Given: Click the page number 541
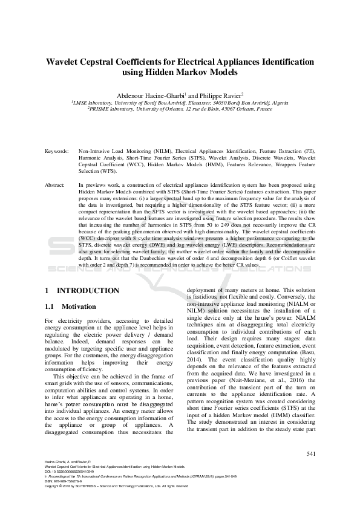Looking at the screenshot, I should coord(311,453).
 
